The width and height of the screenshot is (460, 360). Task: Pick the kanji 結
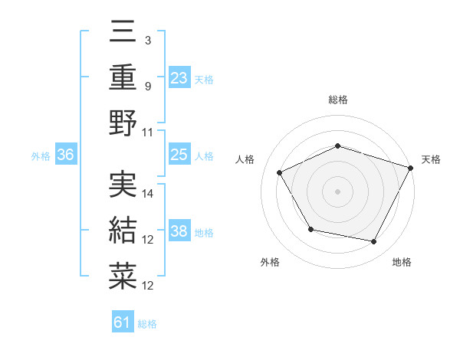(123, 230)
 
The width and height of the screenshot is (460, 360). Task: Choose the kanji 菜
(123, 276)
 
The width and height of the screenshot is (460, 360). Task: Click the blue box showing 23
(179, 77)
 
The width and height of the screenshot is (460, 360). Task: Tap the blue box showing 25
(179, 155)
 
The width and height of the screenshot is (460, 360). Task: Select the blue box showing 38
(179, 232)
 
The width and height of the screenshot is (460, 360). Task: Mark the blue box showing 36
(66, 155)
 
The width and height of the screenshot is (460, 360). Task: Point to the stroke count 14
(149, 194)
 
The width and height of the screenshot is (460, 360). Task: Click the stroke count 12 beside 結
(149, 240)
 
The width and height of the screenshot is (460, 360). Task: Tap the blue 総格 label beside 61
(147, 324)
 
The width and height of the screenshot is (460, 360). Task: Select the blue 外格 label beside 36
(41, 156)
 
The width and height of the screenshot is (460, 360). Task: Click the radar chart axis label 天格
(431, 159)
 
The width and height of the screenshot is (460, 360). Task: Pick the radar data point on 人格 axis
(279, 172)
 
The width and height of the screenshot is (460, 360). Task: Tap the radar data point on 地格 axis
(374, 241)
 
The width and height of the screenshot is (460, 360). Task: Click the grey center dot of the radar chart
(337, 191)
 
